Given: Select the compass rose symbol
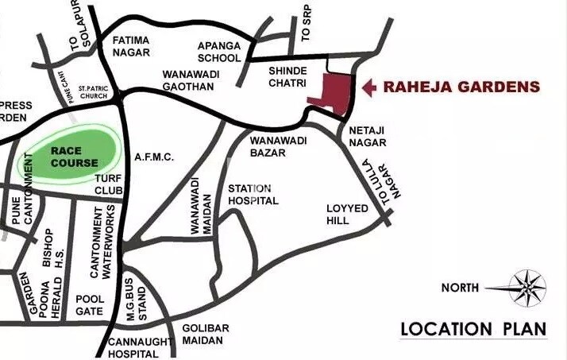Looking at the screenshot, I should pos(526,288).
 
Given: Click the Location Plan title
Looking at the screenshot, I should pos(473,329).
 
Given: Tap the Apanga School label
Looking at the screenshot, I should pos(218,52).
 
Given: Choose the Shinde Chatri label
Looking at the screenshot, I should pos(283,78).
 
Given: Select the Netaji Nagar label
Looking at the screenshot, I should pos(368,137).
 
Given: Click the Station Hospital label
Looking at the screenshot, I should pos(253,195).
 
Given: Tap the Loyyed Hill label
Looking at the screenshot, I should pos(349,215).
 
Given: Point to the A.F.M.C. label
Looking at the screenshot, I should pos(153,157).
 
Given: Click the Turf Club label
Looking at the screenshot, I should pos(108,185).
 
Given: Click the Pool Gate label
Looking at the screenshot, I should pos(89,305).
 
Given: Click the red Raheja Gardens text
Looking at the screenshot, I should pos(461,87).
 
